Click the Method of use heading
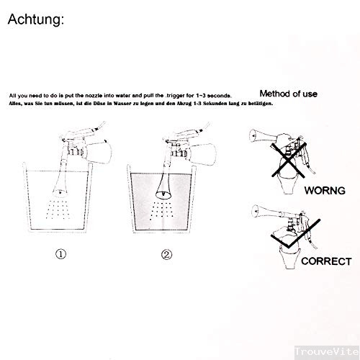coord(288,94)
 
